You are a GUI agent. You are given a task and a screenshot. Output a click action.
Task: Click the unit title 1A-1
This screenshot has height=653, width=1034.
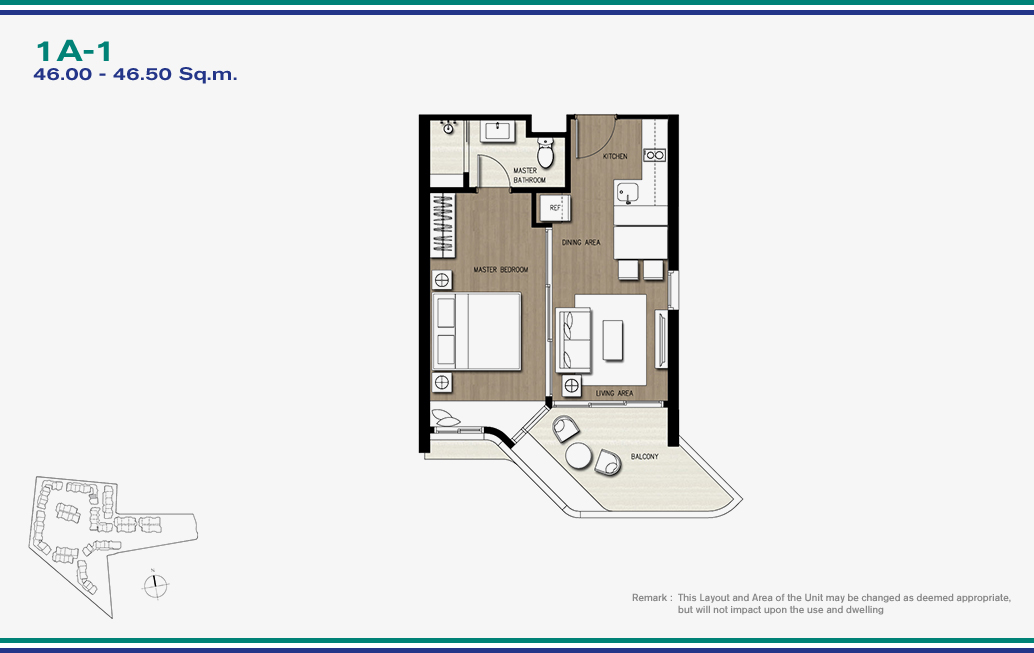tap(74, 51)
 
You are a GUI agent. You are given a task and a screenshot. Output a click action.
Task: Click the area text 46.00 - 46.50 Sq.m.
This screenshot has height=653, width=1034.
tap(135, 74)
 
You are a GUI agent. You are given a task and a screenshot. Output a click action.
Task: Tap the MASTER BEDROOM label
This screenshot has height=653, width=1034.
tap(501, 270)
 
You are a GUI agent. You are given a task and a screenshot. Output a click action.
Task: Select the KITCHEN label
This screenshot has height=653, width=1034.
tap(615, 156)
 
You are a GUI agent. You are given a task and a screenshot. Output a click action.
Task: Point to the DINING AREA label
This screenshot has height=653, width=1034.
tap(581, 243)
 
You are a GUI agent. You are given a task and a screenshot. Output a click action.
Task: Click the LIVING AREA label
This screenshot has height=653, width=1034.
tap(615, 393)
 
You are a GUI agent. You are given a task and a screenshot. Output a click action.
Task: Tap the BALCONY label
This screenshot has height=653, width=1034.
tap(644, 456)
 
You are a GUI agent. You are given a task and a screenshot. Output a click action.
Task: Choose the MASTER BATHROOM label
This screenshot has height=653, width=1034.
tap(529, 175)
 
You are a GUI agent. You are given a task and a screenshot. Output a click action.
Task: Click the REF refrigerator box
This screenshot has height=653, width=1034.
tap(555, 208)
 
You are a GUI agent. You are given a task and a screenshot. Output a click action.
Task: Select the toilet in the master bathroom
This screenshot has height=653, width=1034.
tap(545, 152)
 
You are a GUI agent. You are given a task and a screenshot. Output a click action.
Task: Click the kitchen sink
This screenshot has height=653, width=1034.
tap(627, 193)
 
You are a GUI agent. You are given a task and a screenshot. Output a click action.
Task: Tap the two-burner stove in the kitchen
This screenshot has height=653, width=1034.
tap(655, 156)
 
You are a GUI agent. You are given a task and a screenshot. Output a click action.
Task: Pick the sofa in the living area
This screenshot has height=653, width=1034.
tap(573, 340)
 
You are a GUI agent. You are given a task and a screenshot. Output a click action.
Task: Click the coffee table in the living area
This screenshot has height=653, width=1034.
tap(613, 340)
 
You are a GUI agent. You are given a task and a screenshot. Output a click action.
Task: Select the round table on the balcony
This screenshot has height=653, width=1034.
tap(578, 455)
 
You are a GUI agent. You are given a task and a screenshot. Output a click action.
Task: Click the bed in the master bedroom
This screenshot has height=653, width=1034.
tap(477, 331)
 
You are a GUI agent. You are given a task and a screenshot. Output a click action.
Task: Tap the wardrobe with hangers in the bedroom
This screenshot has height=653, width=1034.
tap(442, 225)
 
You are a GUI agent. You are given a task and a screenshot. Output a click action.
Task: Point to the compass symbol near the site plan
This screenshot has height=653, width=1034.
tap(155, 584)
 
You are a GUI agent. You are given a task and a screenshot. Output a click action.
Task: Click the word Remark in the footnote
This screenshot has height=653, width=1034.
tap(650, 598)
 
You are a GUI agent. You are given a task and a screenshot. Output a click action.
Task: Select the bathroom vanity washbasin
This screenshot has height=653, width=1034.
tap(497, 131)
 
